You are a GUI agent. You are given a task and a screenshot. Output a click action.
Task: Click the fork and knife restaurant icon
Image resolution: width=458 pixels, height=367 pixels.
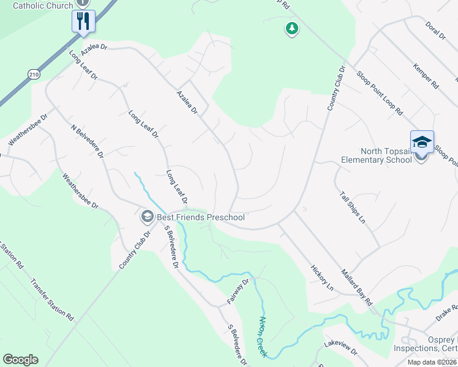(82, 21)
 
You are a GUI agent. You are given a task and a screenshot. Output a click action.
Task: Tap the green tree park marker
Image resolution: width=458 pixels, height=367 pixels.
(292, 28)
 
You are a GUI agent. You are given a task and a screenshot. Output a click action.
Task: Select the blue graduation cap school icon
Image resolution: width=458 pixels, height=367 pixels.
(422, 143)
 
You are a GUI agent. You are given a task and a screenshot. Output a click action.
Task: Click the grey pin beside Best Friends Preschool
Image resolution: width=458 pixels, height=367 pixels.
(147, 217)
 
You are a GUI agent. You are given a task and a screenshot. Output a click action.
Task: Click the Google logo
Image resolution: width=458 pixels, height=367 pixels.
(20, 360)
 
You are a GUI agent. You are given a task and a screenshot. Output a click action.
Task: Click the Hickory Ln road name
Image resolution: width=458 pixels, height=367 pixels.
(321, 278)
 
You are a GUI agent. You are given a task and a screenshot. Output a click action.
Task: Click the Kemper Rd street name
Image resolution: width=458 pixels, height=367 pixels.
(426, 76)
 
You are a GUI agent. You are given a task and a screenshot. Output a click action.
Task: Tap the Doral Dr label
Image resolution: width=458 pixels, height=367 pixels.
(434, 28)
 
